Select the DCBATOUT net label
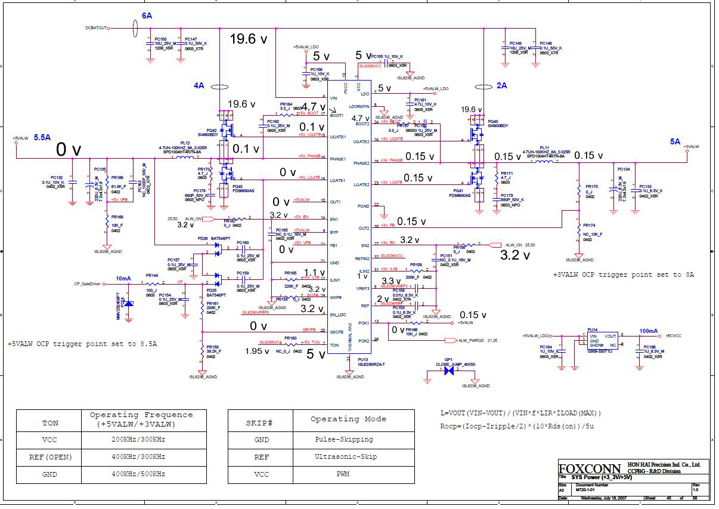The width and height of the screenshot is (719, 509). (x=96, y=28)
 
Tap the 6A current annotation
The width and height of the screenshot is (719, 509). (x=146, y=15)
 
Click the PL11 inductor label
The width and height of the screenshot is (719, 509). (x=544, y=147)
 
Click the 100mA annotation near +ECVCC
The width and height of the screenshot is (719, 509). (x=649, y=331)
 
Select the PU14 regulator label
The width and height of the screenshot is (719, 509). (x=592, y=329)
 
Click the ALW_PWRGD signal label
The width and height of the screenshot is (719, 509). (x=470, y=340)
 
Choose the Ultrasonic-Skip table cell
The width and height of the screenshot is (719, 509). (x=344, y=456)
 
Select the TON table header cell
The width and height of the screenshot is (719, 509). (x=50, y=422)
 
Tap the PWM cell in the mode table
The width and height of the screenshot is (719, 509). (x=344, y=474)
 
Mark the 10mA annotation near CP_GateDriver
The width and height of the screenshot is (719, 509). (x=123, y=279)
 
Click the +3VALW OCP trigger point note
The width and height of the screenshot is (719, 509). (x=623, y=274)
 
